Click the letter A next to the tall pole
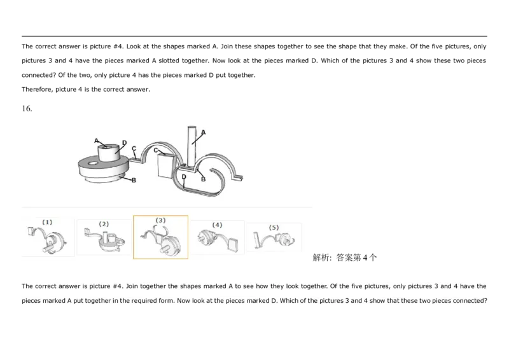(204, 132)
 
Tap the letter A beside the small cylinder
(96, 141)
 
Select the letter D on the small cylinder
(124, 142)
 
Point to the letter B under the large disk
(134, 181)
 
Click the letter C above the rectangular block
(156, 149)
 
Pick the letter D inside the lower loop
(183, 176)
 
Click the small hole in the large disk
(94, 165)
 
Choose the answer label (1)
(47, 222)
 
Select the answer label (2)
(104, 224)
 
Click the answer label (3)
(160, 220)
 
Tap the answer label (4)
(217, 225)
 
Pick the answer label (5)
(274, 227)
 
